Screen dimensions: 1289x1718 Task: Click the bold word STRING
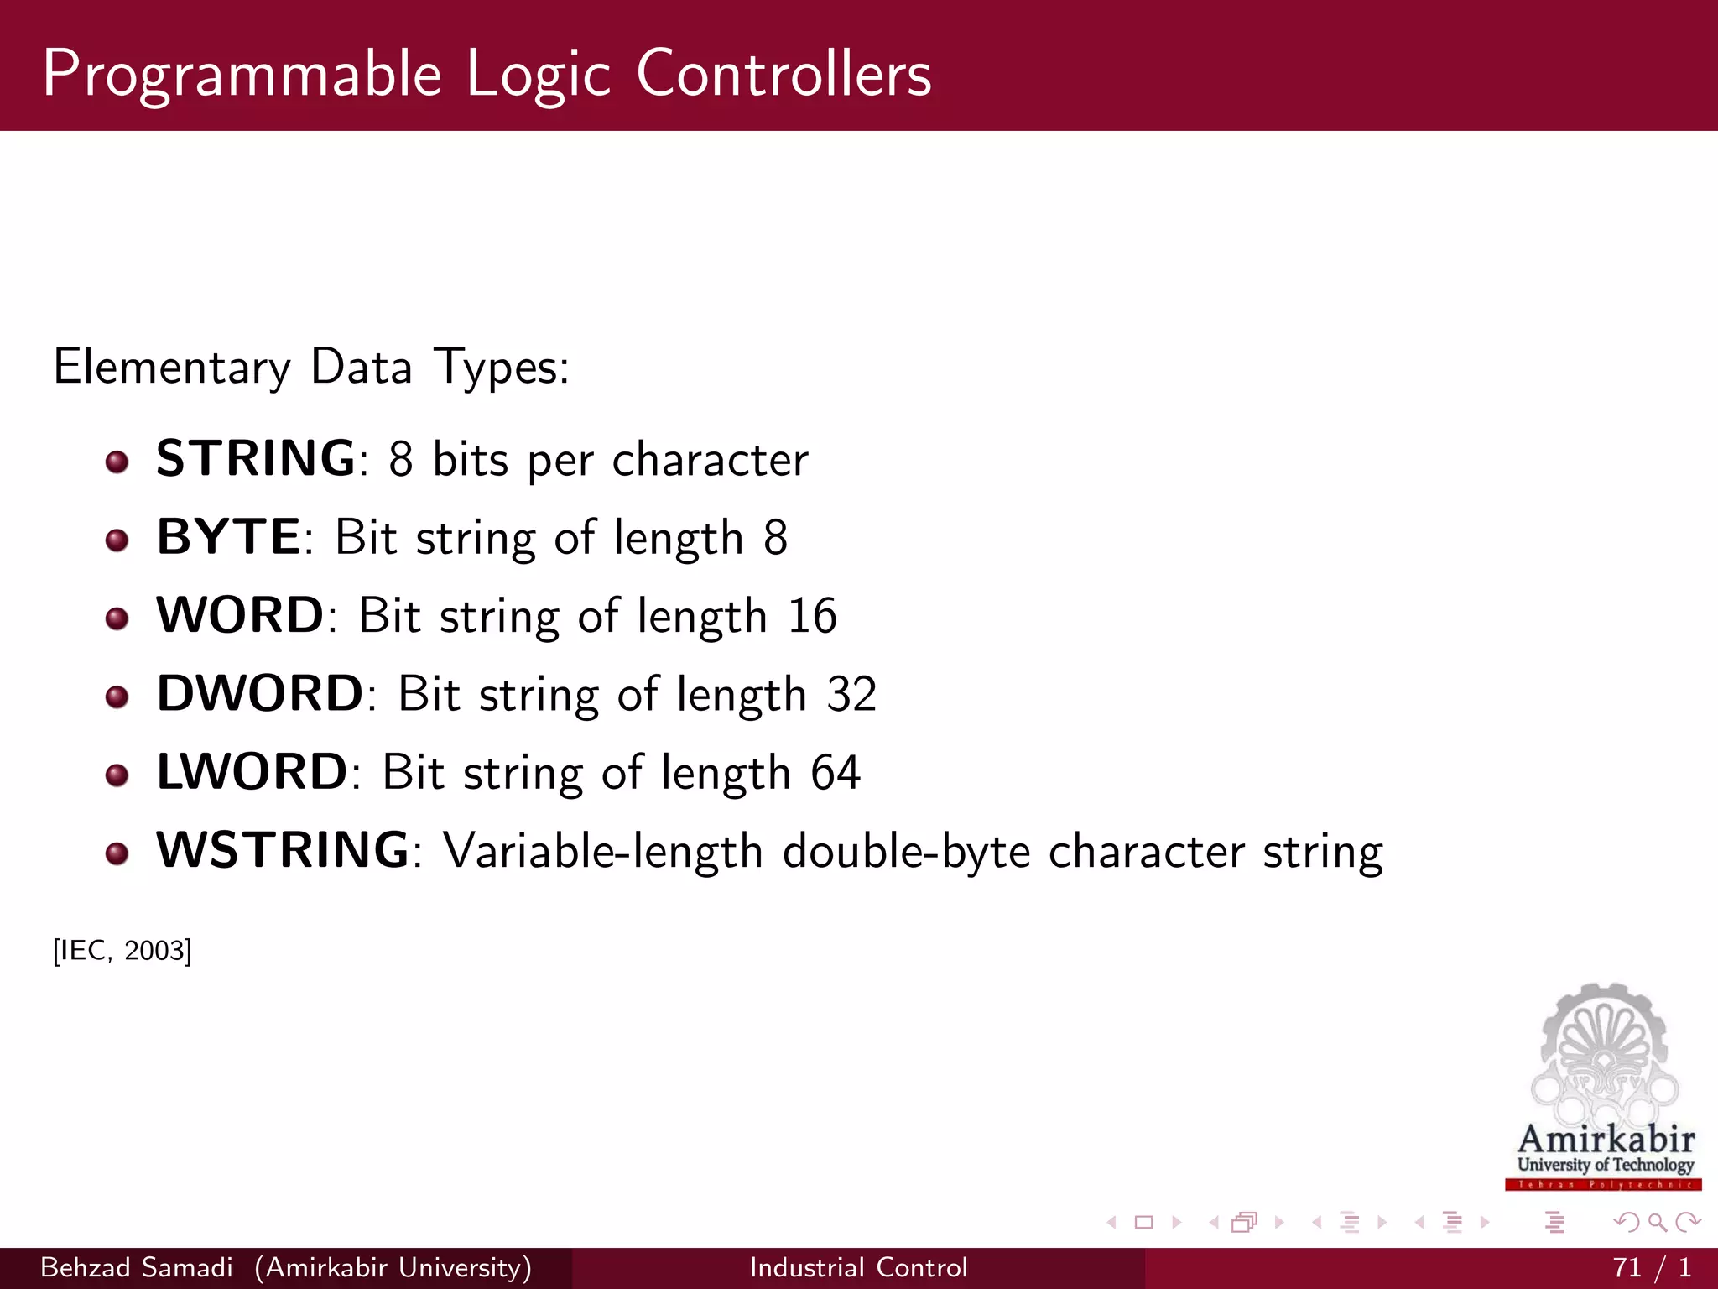pos(255,459)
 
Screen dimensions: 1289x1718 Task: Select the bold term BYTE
pos(228,537)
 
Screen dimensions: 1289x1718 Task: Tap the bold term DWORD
pos(260,694)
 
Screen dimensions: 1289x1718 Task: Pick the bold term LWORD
pos(252,772)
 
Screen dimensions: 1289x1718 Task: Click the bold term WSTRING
pos(284,850)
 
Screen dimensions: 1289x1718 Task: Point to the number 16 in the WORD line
pos(811,616)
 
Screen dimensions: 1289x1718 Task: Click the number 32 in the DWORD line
pos(851,694)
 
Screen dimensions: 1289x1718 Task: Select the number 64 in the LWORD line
pos(835,772)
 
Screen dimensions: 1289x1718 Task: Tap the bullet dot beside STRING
pos(117,462)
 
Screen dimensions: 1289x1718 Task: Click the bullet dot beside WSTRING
pos(117,853)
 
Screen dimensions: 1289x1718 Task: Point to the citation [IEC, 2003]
pos(122,951)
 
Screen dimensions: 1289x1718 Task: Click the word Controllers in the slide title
pos(784,74)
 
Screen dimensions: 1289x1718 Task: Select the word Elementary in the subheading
pos(172,368)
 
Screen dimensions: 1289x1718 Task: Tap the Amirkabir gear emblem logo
pos(1604,1057)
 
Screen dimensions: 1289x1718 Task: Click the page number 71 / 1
pos(1651,1267)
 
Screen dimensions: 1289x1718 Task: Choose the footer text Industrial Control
pos(858,1267)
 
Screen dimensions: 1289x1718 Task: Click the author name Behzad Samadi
pos(137,1267)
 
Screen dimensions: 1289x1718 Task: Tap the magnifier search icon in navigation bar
pos(1657,1223)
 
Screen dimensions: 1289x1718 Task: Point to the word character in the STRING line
pos(710,460)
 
